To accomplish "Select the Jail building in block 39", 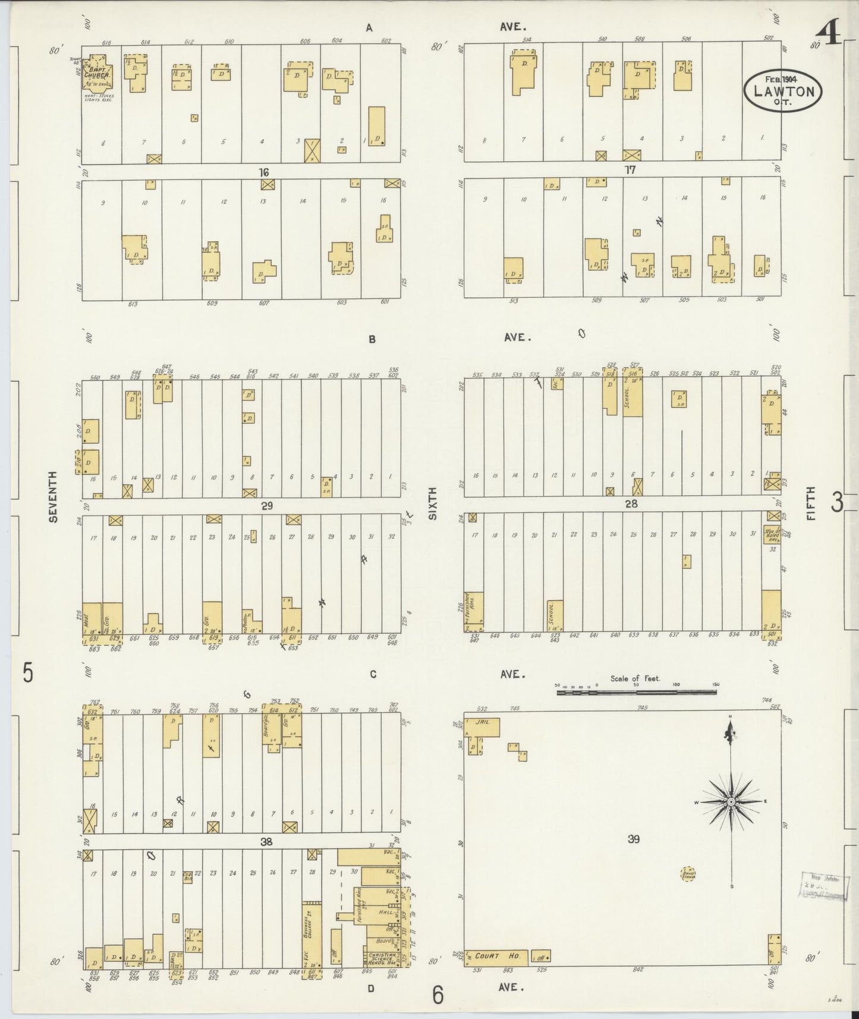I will (x=486, y=726).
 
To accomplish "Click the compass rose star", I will (x=731, y=802).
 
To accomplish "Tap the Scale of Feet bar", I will (x=636, y=691).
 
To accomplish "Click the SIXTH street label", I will (x=432, y=504).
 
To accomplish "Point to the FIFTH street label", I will (x=811, y=504).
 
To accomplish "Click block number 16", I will (x=264, y=172).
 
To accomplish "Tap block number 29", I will (x=266, y=506).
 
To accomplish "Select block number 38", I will (x=266, y=841).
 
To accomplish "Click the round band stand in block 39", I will (x=688, y=874).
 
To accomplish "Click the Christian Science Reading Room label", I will (x=379, y=958).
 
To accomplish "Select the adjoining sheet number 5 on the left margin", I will (x=27, y=673).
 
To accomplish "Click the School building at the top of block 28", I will (x=633, y=393).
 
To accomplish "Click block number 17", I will (x=630, y=170).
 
